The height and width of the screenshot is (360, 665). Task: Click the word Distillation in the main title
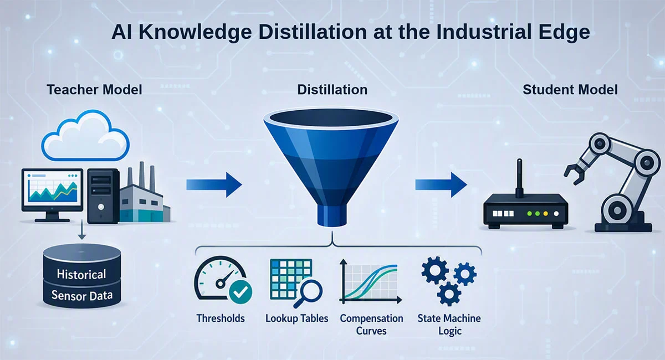313,32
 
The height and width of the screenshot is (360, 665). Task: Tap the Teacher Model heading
94,90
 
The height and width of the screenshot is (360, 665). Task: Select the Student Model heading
570,90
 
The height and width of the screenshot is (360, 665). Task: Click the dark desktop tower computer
103,196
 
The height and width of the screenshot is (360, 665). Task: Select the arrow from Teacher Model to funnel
214,184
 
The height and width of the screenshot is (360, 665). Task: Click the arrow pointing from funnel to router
441,184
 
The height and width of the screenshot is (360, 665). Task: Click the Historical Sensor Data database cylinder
82,276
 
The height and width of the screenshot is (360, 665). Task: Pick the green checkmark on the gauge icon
241,292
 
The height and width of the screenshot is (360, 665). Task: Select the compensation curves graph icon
371,281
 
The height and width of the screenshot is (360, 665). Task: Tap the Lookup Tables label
297,318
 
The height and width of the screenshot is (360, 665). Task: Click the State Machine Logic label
449,325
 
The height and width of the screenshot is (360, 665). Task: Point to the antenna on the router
519,178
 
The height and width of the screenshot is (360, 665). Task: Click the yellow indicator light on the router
545,214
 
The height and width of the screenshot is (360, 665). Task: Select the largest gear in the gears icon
435,270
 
